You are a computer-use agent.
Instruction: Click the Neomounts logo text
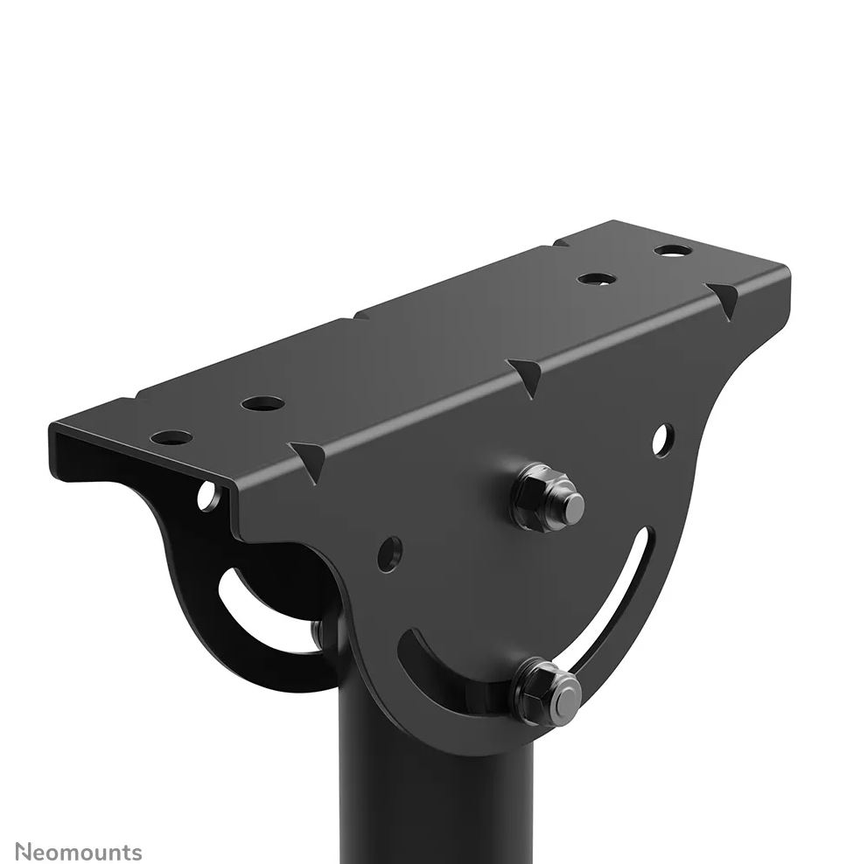pos(78,851)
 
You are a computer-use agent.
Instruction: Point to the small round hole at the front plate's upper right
pos(662,440)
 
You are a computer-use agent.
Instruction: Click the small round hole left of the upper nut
pos(389,554)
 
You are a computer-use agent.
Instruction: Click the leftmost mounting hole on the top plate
pos(172,437)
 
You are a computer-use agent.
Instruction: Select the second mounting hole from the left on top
pos(262,404)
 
